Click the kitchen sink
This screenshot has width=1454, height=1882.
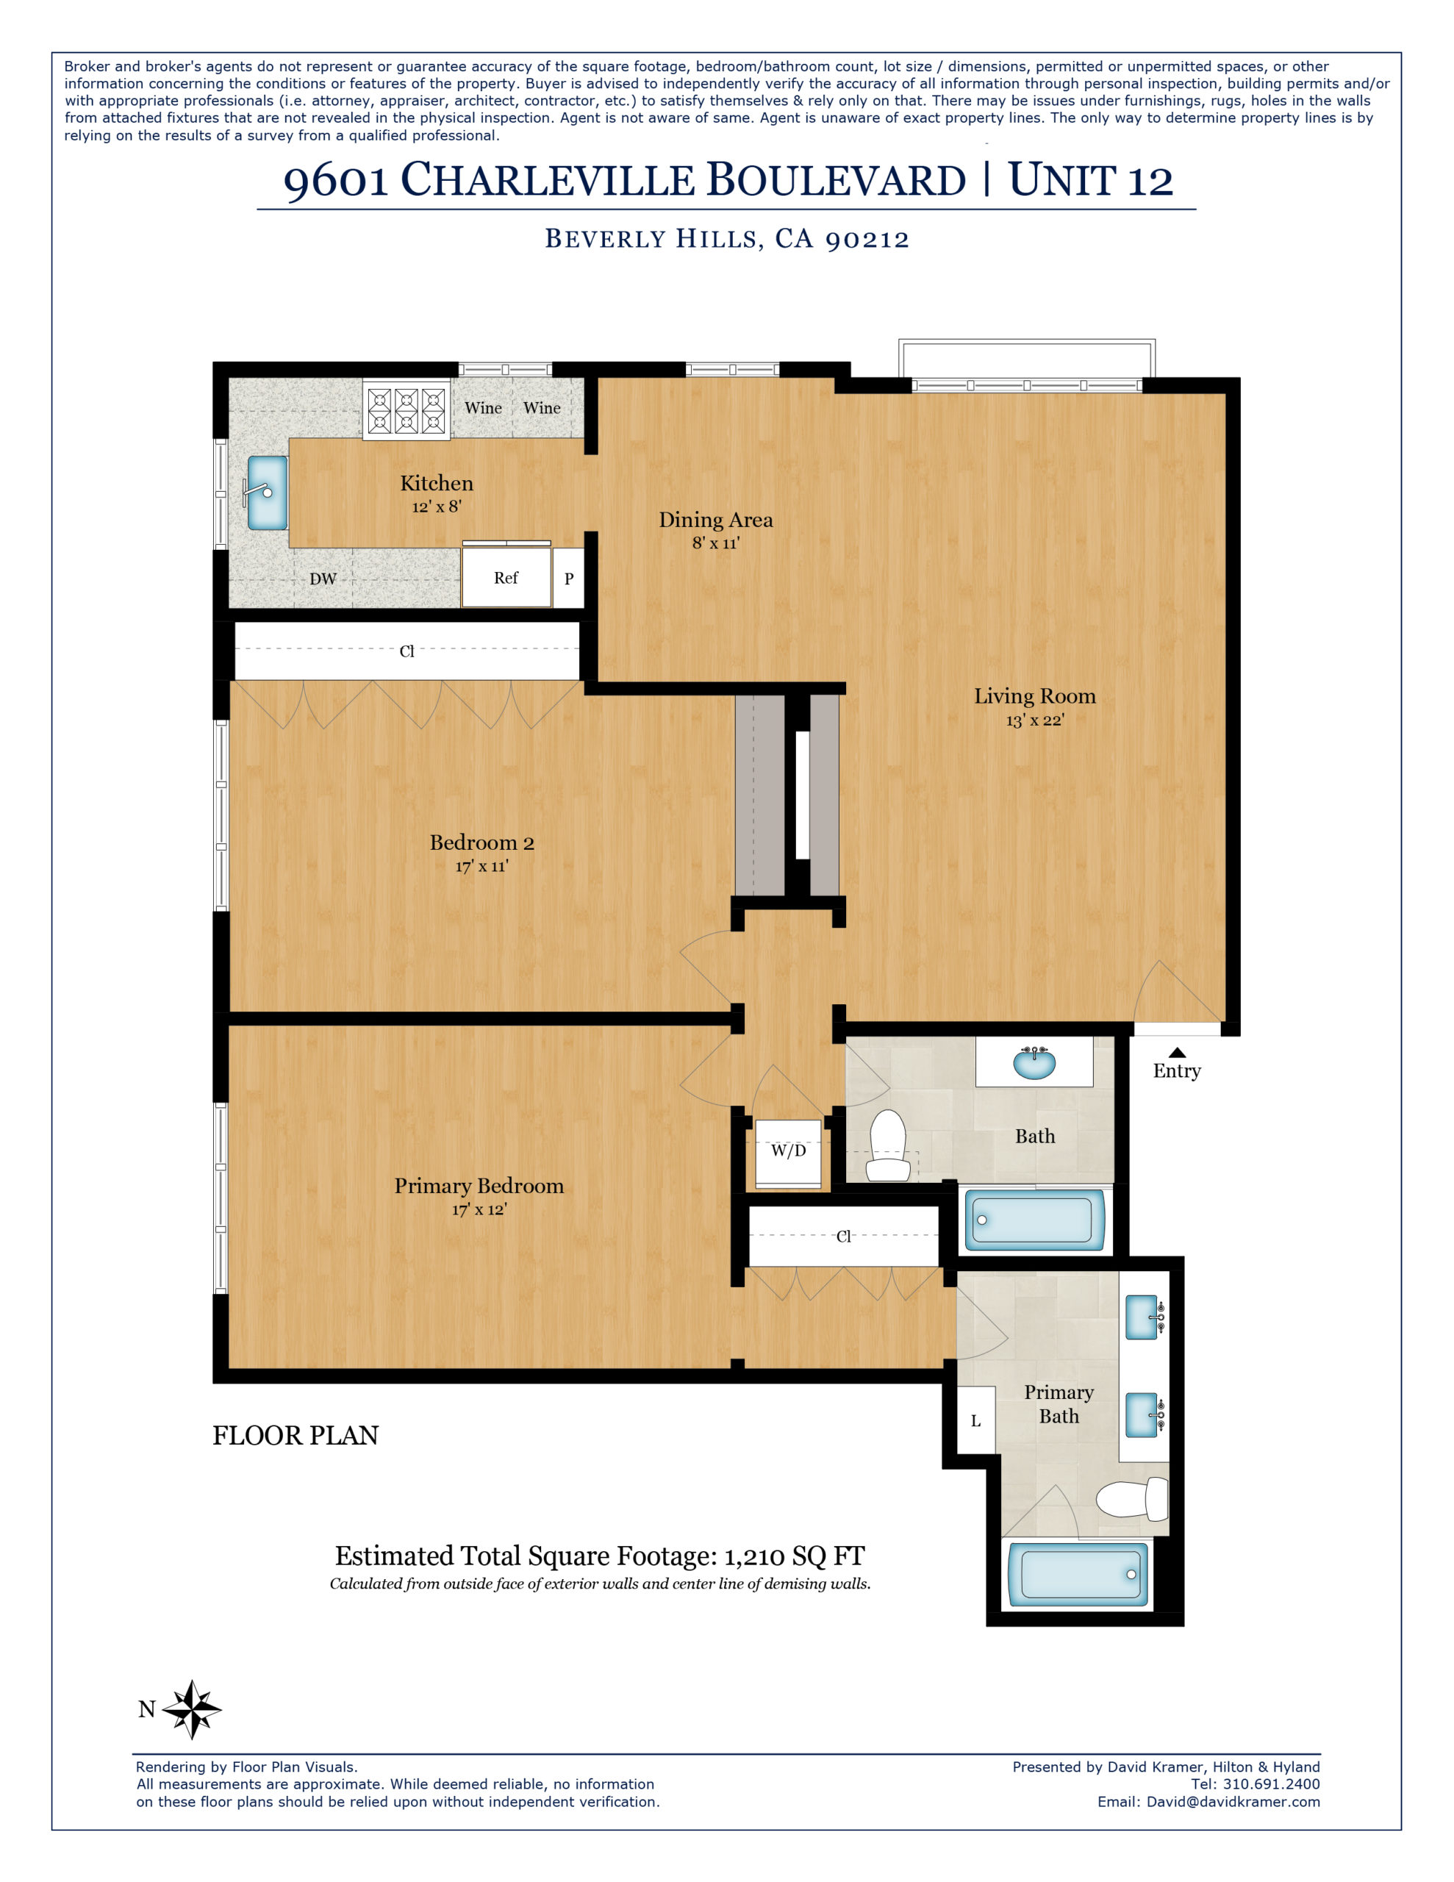267,492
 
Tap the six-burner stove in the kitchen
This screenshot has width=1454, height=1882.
406,410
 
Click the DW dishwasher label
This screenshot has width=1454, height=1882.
323,579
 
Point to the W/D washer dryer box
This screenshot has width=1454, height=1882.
788,1152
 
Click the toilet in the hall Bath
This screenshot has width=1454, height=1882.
888,1146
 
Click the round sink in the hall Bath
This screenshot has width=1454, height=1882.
1034,1062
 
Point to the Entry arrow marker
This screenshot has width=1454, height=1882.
1176,1052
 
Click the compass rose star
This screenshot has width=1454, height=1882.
192,1709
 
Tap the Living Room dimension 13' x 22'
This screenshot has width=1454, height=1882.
1034,720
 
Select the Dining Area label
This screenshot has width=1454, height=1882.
715,520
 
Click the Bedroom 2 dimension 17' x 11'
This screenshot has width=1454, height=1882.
481,866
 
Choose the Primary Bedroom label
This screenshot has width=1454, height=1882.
479,1186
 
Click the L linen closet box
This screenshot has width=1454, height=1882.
975,1421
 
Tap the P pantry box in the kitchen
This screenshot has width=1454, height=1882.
568,579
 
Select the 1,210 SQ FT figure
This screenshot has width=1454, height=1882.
794,1556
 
